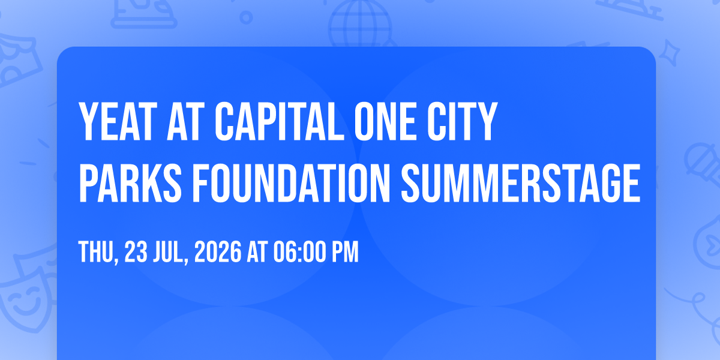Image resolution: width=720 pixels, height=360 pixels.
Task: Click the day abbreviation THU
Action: [x=97, y=253]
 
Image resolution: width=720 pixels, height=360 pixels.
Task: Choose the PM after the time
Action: [x=345, y=253]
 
